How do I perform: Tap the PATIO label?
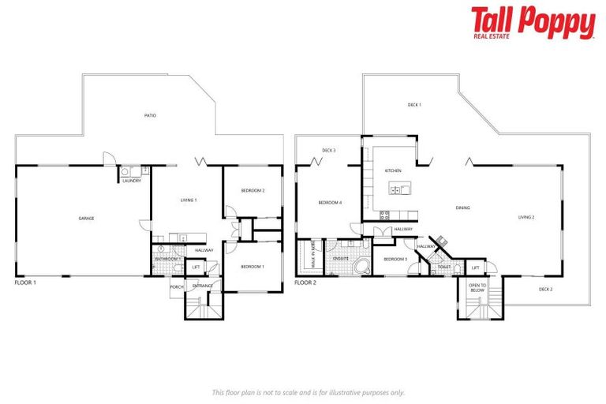(x=150, y=116)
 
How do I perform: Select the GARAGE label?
(x=86, y=218)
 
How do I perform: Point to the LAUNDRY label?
(x=132, y=181)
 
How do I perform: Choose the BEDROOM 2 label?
(x=252, y=190)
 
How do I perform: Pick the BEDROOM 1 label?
(x=252, y=267)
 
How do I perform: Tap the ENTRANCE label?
(x=203, y=286)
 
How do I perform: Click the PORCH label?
(x=177, y=286)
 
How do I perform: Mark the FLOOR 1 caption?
(x=26, y=281)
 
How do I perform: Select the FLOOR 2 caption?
(x=305, y=281)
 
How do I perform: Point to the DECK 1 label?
(x=414, y=105)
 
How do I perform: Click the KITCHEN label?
(x=393, y=171)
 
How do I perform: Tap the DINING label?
(x=463, y=208)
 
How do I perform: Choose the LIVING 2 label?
(x=526, y=217)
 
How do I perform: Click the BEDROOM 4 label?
(x=330, y=203)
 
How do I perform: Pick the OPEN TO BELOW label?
(x=477, y=288)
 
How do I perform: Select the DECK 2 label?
(x=546, y=290)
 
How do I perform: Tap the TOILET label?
(x=444, y=267)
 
